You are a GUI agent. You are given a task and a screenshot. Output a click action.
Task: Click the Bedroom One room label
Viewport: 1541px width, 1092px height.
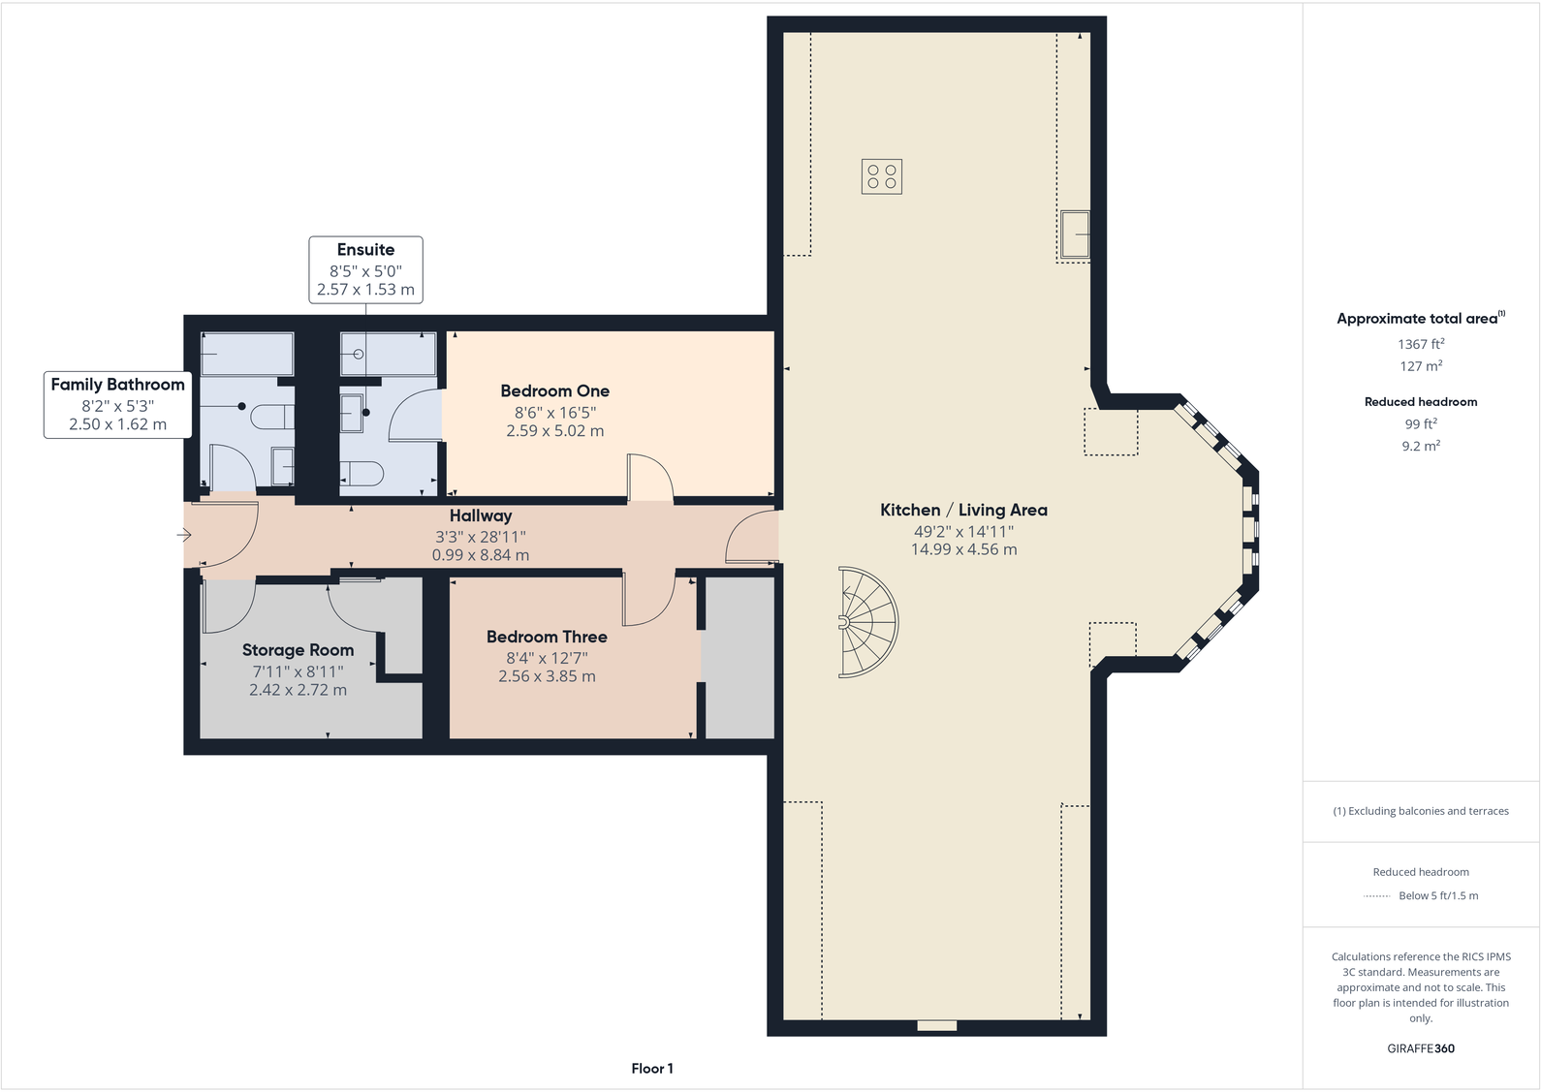(554, 391)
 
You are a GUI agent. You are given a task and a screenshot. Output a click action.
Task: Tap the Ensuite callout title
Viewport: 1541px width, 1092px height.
(365, 250)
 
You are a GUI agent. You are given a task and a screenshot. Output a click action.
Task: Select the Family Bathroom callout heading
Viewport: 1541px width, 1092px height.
(117, 385)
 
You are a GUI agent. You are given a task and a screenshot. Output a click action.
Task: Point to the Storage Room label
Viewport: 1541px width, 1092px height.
(298, 650)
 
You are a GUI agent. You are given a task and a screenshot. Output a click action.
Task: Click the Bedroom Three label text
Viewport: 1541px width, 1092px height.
(547, 637)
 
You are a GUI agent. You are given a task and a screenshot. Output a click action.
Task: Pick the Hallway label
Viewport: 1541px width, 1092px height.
(481, 516)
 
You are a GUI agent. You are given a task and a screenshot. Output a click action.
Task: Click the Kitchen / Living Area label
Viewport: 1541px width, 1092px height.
(963, 510)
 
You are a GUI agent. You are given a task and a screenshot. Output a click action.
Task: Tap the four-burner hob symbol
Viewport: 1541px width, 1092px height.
(881, 176)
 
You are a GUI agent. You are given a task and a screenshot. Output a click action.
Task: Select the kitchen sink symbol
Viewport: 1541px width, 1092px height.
(1074, 234)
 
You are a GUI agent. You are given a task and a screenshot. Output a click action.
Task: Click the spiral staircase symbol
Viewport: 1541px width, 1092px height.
(865, 621)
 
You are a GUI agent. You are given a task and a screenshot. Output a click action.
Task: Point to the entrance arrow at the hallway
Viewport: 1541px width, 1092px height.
(184, 535)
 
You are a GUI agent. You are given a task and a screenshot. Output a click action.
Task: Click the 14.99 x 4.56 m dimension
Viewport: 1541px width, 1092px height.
(963, 549)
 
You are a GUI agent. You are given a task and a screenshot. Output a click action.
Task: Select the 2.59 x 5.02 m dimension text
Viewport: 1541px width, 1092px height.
(554, 431)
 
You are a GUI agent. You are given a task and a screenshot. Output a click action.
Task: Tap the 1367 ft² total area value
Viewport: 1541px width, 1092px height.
(1421, 344)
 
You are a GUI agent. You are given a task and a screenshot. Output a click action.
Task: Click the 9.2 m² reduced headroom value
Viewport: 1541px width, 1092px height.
(1421, 447)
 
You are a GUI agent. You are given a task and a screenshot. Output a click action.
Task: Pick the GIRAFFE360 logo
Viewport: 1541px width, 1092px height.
(1421, 1048)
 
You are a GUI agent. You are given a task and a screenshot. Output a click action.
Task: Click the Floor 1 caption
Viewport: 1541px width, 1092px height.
(652, 1069)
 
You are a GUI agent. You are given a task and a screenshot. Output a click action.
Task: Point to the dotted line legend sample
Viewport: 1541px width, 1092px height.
(1376, 896)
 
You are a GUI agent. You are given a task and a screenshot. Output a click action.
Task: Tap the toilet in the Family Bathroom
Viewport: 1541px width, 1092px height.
(272, 418)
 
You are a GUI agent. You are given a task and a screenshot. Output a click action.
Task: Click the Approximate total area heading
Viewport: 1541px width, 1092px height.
(1417, 319)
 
